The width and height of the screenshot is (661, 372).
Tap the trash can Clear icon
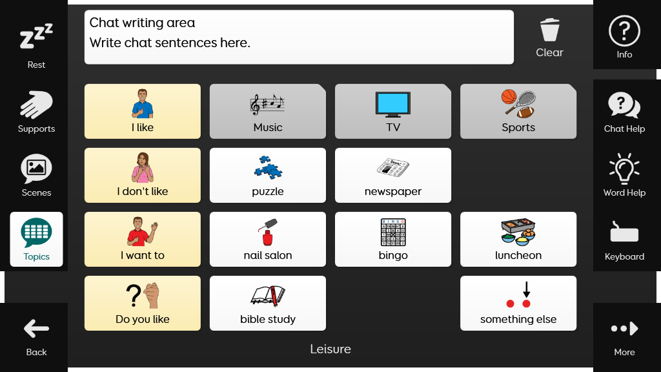(x=550, y=30)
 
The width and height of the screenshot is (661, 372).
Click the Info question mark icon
(x=624, y=31)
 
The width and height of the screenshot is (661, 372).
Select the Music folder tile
(x=268, y=111)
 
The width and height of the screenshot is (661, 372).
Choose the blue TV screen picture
(x=393, y=103)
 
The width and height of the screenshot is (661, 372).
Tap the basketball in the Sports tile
(x=509, y=96)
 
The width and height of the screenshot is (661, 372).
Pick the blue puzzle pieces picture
(x=268, y=168)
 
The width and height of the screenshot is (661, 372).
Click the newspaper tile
(x=393, y=175)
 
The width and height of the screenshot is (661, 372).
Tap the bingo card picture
(x=393, y=232)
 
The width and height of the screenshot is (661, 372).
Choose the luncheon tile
(x=518, y=239)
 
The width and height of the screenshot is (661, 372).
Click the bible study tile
(x=268, y=304)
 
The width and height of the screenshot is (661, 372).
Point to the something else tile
(x=518, y=304)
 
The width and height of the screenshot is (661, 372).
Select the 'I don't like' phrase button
(x=143, y=175)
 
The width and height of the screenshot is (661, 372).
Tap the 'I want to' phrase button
(x=143, y=239)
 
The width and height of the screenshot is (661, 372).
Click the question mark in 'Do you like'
(x=134, y=295)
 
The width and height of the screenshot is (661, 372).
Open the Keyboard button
(x=624, y=239)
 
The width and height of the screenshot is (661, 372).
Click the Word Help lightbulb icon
(x=624, y=169)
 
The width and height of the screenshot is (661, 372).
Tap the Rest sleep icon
(x=36, y=36)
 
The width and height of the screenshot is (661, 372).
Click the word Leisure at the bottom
(x=330, y=349)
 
